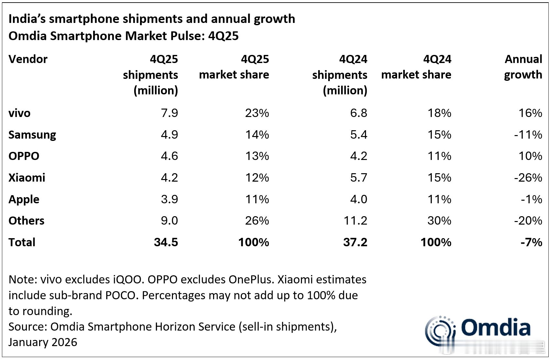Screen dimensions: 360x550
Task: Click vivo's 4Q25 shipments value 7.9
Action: coord(169,113)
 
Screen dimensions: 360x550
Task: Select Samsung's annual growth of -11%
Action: coord(528,134)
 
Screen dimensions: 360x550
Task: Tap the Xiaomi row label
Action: coord(27,178)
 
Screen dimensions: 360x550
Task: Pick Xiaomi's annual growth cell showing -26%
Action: coord(528,178)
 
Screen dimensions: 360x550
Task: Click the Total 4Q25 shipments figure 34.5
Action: coord(166,242)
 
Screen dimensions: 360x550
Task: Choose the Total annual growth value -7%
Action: coord(531,242)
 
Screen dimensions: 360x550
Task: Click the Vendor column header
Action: coord(28,59)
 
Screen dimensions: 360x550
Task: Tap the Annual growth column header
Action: coord(523,67)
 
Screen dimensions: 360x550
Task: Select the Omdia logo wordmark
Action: coord(495,327)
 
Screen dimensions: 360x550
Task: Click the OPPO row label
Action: coord(24,156)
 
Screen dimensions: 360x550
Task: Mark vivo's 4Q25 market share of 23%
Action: coord(257,113)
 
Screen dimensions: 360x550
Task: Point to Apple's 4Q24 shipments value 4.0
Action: coord(359,199)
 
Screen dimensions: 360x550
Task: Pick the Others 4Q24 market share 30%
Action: coord(439,221)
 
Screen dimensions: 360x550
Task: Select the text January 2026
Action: coord(43,342)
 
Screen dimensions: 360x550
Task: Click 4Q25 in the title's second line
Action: coord(223,36)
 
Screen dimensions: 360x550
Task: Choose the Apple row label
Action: coord(24,199)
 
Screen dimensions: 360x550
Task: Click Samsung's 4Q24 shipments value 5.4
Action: coord(359,134)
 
